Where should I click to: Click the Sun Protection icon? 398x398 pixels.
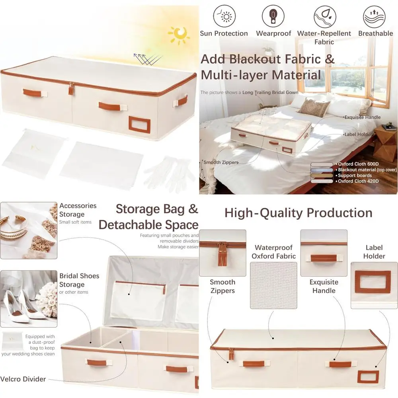point(224,16)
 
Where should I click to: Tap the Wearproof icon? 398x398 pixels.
point(273,16)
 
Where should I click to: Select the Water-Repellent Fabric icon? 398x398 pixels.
point(324,16)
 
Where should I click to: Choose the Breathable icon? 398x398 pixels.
point(374,16)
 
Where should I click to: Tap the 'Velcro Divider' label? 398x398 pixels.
point(23,379)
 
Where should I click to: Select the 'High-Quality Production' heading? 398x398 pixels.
point(298,213)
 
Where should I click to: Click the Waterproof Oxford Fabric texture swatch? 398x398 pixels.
point(273,285)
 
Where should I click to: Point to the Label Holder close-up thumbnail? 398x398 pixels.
point(374,285)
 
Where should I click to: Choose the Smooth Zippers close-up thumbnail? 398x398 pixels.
point(222,253)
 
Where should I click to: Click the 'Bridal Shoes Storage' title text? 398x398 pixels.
point(79,280)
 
